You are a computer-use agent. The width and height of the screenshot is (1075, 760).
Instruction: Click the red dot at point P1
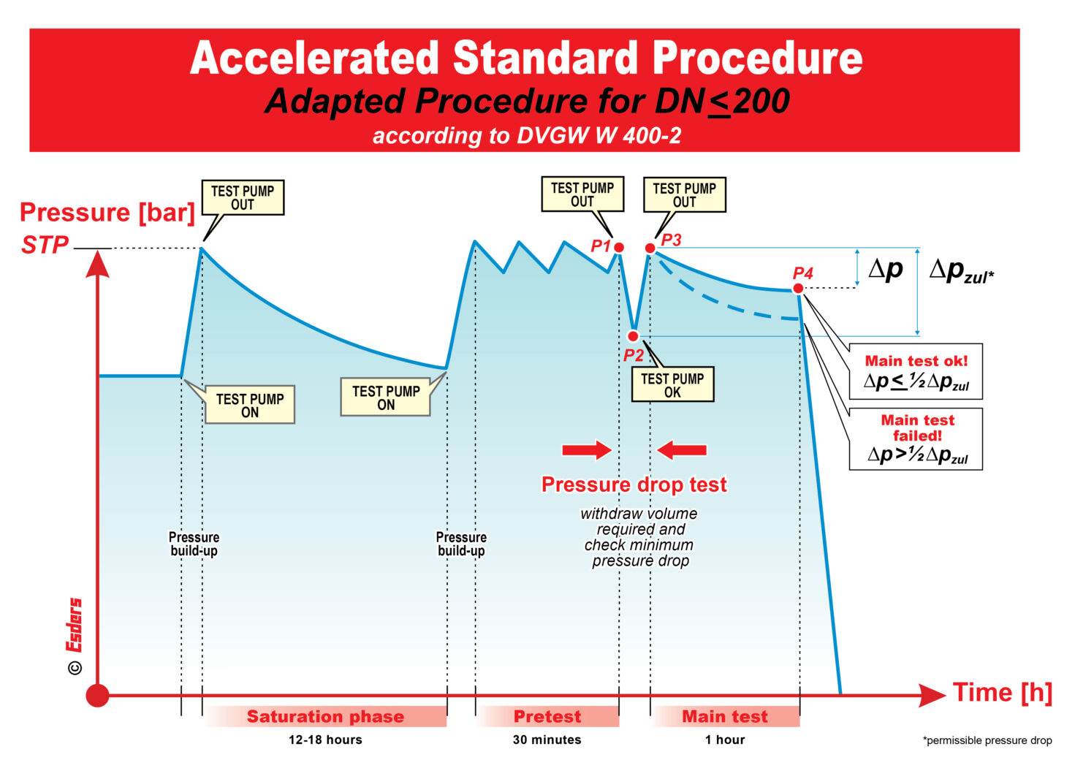coord(619,248)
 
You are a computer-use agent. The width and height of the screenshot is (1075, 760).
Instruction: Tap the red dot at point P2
coord(633,336)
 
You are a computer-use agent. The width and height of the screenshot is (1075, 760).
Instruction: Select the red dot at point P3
coord(650,248)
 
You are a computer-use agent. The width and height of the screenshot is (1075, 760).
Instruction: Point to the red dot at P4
coord(798,289)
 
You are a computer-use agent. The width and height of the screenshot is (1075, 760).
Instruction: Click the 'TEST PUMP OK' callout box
coord(672,385)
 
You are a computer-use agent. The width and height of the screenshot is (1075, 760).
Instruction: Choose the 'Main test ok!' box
coord(916,372)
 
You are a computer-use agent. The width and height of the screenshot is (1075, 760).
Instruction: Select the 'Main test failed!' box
coord(916,438)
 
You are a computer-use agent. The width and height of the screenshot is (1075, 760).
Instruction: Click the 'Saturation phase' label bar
coord(325,717)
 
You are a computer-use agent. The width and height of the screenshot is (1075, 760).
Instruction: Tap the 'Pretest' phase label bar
coord(547,717)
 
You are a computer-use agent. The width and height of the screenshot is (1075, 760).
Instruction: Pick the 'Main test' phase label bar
coord(725,717)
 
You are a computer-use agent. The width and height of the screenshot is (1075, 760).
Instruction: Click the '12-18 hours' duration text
coord(325,740)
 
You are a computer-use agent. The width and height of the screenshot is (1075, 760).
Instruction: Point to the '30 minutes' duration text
coord(547,740)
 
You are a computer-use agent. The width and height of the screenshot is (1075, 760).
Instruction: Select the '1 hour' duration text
coord(725,740)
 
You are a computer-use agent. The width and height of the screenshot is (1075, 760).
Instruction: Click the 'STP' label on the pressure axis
coord(45,246)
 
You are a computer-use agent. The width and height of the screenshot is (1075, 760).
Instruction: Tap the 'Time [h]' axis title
coord(1002,692)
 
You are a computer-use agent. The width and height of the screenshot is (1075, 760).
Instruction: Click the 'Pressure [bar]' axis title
coord(107,213)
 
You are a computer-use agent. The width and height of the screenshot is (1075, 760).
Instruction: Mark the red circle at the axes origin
coord(97,696)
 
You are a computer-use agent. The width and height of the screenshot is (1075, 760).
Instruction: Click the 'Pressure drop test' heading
coord(634,484)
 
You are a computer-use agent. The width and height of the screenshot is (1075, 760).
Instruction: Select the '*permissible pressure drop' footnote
coord(987,740)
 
